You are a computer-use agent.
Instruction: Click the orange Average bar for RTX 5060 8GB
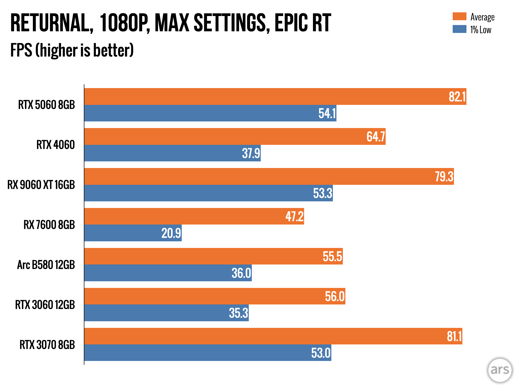click(255, 96)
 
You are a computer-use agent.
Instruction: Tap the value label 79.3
click(444, 176)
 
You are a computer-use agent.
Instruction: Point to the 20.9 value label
click(171, 233)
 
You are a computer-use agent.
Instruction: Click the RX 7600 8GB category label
click(49, 225)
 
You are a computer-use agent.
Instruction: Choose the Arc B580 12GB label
click(46, 265)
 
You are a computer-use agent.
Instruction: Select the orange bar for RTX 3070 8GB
click(255, 336)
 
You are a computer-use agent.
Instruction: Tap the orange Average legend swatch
click(459, 16)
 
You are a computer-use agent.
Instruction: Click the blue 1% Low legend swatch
click(459, 29)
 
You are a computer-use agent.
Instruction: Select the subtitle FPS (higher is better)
click(72, 50)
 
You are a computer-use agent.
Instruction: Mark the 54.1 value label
click(327, 113)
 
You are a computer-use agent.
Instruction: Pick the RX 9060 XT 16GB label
click(41, 185)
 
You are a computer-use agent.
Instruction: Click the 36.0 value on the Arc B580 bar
click(241, 273)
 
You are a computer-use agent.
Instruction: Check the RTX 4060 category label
click(56, 145)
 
